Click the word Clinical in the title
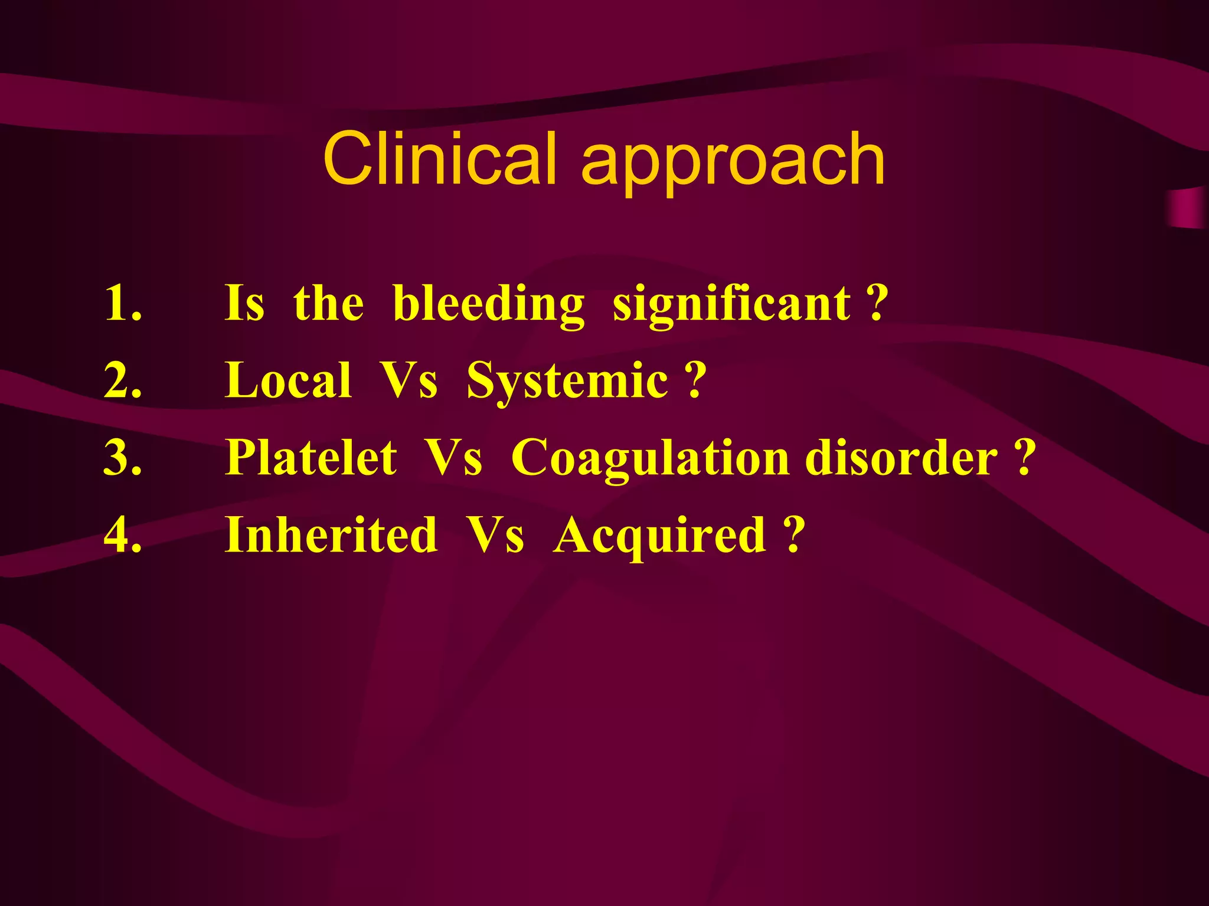440,158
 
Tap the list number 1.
122,303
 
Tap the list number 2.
122,380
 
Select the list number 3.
122,458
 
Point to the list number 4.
122,535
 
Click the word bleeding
488,304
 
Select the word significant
731,304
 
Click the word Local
288,380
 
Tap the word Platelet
311,458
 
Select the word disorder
901,458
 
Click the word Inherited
331,535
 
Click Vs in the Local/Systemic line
409,380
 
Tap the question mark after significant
878,303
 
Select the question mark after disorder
1025,458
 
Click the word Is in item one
244,303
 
